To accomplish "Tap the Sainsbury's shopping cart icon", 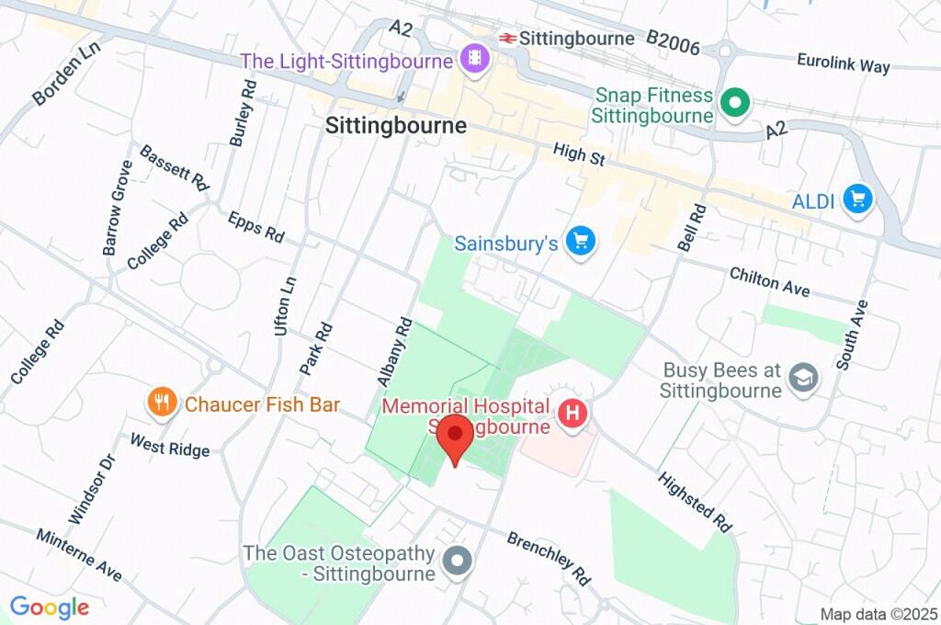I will tap(580, 243).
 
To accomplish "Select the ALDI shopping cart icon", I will tap(858, 199).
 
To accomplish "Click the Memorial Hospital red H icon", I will tap(573, 414).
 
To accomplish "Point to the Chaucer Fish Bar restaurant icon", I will tap(163, 403).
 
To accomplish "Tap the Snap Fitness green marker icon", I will tap(734, 104).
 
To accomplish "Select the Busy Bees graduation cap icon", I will tap(803, 378).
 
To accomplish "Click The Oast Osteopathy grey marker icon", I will tap(457, 561).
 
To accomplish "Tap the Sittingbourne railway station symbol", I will tap(506, 39).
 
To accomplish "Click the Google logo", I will tap(49, 608).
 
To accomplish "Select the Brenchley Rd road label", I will tap(548, 558).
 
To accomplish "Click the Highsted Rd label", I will tap(696, 503).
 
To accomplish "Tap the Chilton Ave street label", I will tap(770, 281).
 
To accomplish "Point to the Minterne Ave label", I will tap(79, 555).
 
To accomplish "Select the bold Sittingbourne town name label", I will tap(396, 126).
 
